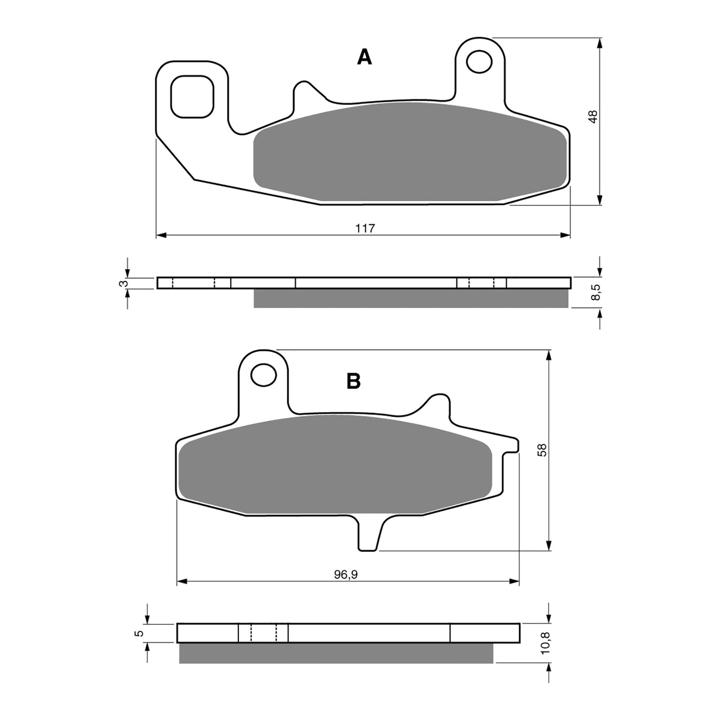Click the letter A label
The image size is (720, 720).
(364, 58)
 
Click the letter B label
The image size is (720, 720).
(353, 382)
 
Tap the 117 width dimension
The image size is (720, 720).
(365, 228)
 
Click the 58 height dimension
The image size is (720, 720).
(543, 450)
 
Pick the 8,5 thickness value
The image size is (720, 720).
(595, 292)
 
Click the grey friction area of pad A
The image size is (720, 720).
(409, 153)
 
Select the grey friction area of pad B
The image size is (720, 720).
(335, 466)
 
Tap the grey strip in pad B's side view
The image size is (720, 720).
(336, 653)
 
